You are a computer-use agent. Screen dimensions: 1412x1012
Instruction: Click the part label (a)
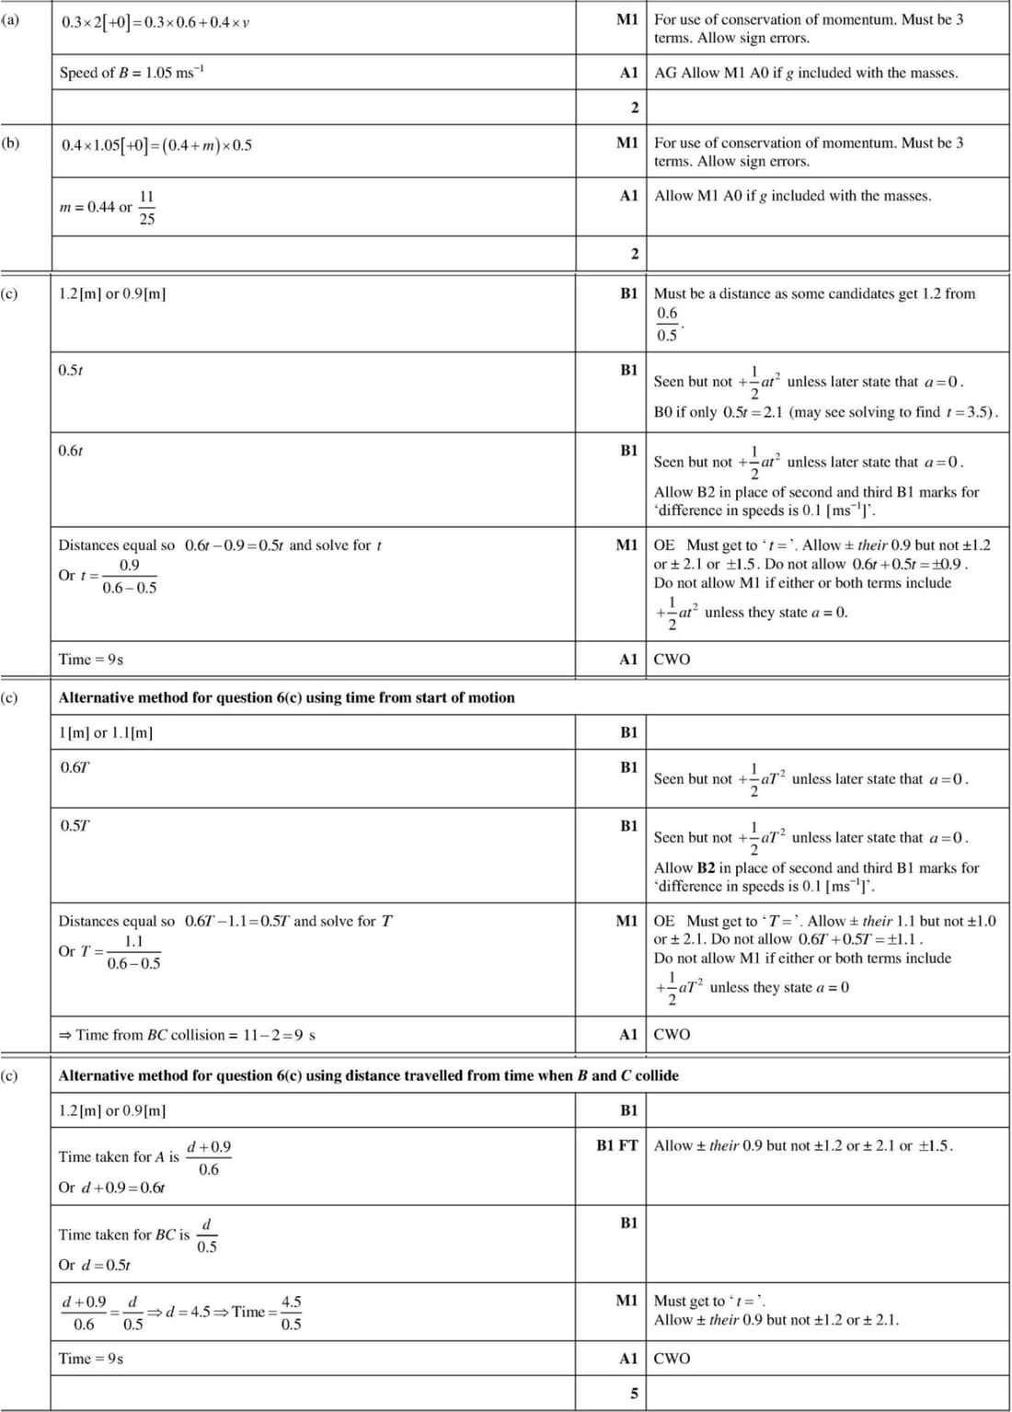[x=10, y=19]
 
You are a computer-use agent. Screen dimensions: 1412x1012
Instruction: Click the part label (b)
[x=10, y=143]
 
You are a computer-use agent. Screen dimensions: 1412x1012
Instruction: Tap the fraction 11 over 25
[x=147, y=208]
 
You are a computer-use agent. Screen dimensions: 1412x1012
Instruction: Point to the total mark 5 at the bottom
[x=634, y=1393]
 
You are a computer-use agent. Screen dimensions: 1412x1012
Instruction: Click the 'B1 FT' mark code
[x=617, y=1145]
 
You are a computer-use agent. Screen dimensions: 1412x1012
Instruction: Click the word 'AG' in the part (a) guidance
[x=665, y=73]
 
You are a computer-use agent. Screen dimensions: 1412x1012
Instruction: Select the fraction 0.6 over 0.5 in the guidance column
[x=667, y=324]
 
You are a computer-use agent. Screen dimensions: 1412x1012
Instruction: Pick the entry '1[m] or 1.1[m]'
[x=106, y=732]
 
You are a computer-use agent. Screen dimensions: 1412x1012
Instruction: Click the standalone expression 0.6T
[x=75, y=767]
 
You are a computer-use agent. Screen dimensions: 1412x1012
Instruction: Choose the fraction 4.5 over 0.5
[x=291, y=1313]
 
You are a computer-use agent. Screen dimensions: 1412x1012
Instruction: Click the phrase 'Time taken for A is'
[x=119, y=1156]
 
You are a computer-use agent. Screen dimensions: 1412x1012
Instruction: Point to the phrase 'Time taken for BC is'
[x=123, y=1234]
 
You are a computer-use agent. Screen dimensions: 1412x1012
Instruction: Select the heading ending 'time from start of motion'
[x=286, y=697]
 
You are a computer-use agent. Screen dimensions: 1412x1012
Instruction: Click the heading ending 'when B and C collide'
[x=368, y=1075]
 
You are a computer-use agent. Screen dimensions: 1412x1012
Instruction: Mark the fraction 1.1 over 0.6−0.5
[x=133, y=952]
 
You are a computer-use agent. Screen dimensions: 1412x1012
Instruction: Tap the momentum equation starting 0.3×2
[x=155, y=22]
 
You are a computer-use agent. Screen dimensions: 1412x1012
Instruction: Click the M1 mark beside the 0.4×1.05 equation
[x=627, y=143]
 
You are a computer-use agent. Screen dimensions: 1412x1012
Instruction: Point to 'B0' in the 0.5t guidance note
[x=663, y=412]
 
